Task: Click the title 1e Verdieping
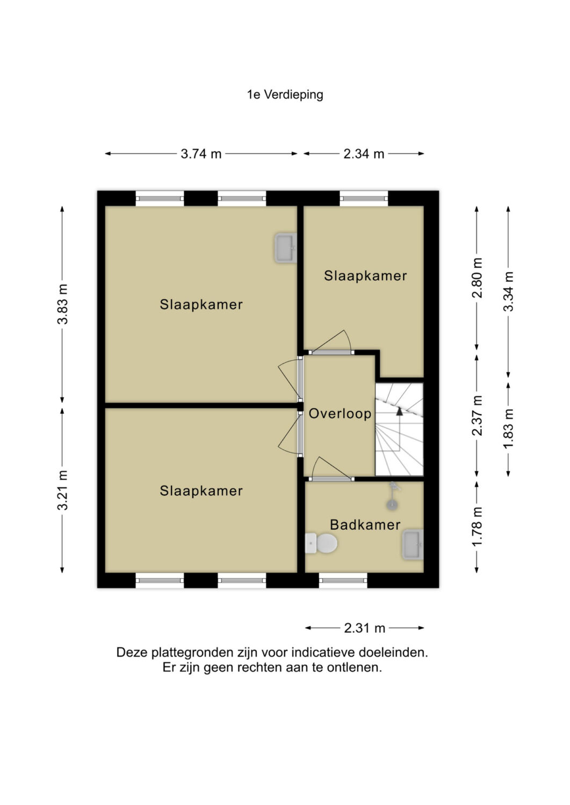tap(285, 95)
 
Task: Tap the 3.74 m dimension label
tap(201, 154)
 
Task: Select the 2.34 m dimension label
tap(364, 154)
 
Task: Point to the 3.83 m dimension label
tap(63, 304)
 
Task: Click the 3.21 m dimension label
tap(63, 490)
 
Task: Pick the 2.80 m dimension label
tap(477, 278)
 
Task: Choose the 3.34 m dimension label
tap(508, 291)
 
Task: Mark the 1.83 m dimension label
tap(508, 429)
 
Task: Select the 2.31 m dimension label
tap(365, 628)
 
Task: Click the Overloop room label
tap(340, 414)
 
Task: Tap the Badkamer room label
tap(365, 525)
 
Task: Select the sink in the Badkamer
tap(413, 545)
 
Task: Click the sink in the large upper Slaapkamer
tap(286, 248)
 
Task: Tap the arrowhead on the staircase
tap(400, 412)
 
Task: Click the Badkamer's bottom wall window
tap(343, 580)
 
